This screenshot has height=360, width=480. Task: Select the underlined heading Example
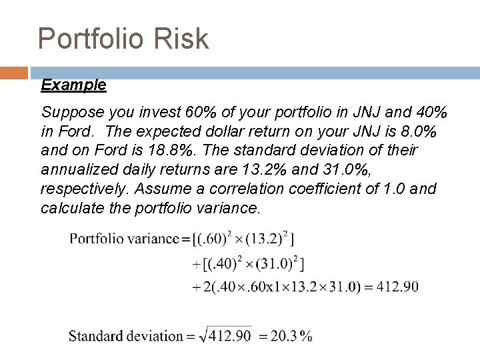pos(73,85)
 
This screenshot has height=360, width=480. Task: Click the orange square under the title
pos(13,73)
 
